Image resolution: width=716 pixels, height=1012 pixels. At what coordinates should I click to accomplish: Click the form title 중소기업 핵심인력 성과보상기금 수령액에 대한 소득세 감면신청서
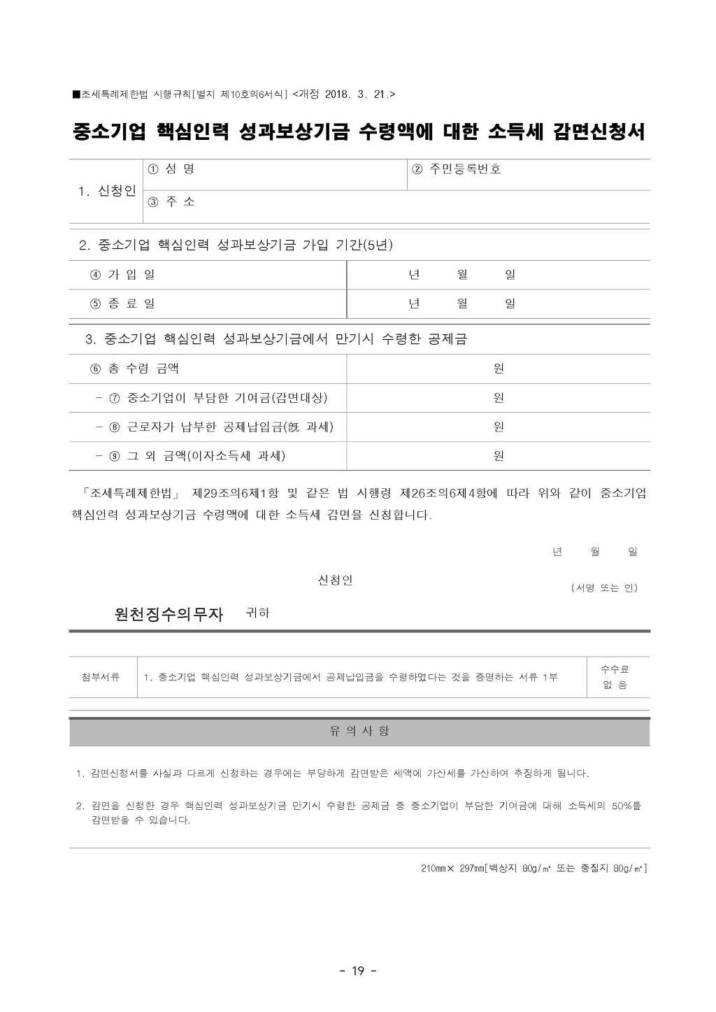pyautogui.click(x=358, y=131)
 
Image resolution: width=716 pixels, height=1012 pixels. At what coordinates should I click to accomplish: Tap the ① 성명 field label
pyautogui.click(x=171, y=169)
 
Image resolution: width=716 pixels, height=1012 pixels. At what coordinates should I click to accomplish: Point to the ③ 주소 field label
pyautogui.click(x=171, y=201)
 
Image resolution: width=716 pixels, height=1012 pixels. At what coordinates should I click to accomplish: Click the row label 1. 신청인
pyautogui.click(x=107, y=191)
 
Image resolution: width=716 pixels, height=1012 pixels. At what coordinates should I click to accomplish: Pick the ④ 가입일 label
pyautogui.click(x=122, y=275)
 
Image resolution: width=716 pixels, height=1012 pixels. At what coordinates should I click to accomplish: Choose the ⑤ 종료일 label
pyautogui.click(x=122, y=304)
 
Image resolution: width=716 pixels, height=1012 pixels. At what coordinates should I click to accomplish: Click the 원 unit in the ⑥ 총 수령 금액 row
pyautogui.click(x=499, y=369)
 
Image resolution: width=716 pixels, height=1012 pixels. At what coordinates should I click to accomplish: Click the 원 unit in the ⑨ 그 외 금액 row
pyautogui.click(x=499, y=456)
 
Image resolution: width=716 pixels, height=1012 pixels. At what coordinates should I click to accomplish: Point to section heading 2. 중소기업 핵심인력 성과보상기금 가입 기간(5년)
pyautogui.click(x=236, y=245)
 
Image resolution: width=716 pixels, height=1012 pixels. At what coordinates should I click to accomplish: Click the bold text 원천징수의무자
pyautogui.click(x=169, y=614)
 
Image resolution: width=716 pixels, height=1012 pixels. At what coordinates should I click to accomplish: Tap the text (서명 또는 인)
pyautogui.click(x=604, y=587)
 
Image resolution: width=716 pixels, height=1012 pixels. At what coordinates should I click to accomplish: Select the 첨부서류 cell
pyautogui.click(x=101, y=677)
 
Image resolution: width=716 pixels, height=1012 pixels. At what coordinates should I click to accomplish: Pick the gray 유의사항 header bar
pyautogui.click(x=359, y=732)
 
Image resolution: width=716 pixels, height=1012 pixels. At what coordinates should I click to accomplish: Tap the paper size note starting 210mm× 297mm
pyautogui.click(x=534, y=868)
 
